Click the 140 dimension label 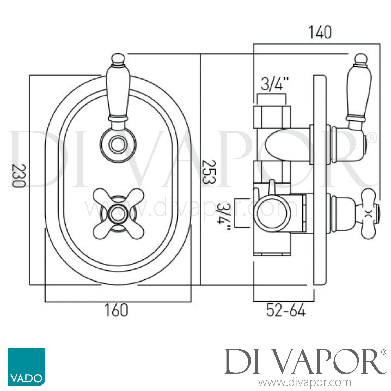click(x=320, y=32)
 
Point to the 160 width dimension click(x=116, y=310)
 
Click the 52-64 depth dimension click(x=286, y=311)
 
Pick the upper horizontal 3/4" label click(x=272, y=84)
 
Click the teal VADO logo click(x=26, y=367)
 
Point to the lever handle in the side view click(x=358, y=89)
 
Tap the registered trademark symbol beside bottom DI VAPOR click(x=383, y=352)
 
